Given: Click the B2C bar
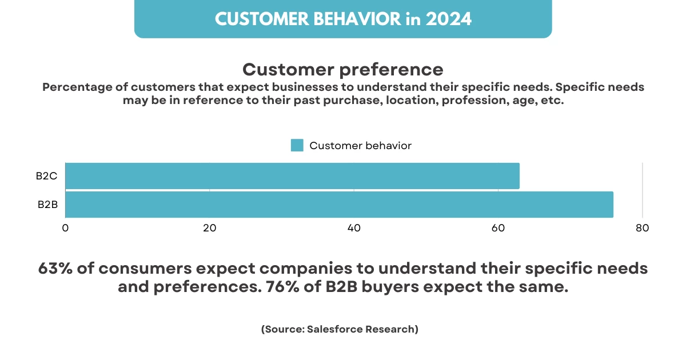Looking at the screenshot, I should pos(292,176).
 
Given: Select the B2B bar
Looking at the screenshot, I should pos(339,205).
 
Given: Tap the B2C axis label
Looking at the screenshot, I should pos(47,176).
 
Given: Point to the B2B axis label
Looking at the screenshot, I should pos(47,205).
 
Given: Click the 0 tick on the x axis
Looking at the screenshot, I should pos(65,227).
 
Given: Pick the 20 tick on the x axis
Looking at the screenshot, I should pos(209,227).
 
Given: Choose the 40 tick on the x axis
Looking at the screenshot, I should pos(354,227).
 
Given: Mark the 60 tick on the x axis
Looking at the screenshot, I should pos(498,227).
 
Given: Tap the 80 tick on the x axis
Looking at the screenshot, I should pos(642,227).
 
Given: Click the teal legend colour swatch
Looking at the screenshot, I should pos(297,145).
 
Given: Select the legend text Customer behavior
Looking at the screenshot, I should pos(360,146).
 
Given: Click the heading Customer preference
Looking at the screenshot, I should pos(343,70).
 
